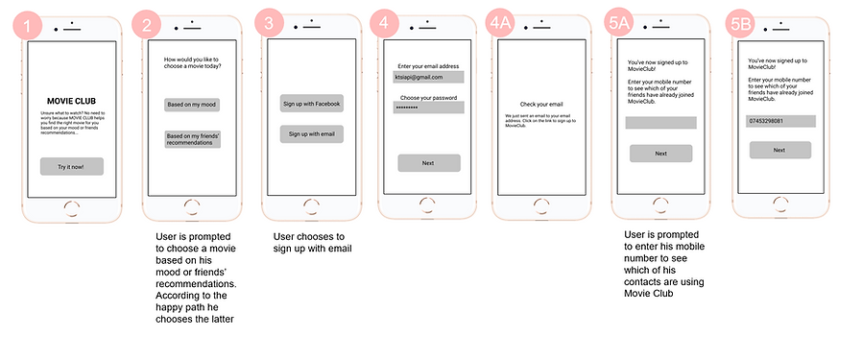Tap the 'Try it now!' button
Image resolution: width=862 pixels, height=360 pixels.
[x=71, y=166]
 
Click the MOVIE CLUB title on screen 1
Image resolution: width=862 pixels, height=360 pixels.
[x=71, y=100]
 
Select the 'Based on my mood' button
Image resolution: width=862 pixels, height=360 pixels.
[x=192, y=104]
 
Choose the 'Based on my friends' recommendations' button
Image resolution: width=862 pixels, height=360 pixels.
[x=192, y=140]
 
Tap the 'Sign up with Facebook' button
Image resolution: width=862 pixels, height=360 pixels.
[x=311, y=103]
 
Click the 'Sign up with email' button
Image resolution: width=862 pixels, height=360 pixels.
[x=311, y=134]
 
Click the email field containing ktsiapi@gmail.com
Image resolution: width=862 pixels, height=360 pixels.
[x=428, y=77]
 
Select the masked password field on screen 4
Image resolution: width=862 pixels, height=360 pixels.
[x=428, y=108]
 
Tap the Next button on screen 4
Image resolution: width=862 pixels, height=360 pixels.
[x=428, y=163]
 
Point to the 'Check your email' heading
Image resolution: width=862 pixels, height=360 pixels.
[x=541, y=104]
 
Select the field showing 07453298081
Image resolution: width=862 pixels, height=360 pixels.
[x=780, y=121]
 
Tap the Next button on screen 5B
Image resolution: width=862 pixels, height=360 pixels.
[x=779, y=150]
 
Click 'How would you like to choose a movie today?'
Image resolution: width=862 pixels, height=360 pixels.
[x=192, y=64]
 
